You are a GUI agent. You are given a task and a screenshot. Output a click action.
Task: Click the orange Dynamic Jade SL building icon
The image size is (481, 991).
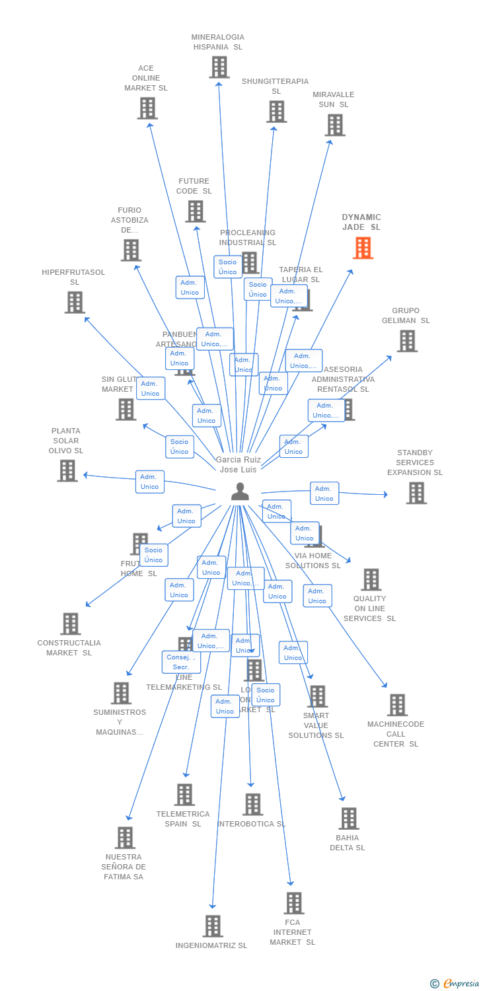(363, 248)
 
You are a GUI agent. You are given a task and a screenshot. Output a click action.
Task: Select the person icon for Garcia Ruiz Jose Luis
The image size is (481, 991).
(239, 492)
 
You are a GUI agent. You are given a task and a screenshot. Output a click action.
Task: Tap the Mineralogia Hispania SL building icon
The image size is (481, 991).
(219, 67)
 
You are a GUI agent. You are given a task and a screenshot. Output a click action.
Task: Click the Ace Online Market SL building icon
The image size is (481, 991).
(147, 108)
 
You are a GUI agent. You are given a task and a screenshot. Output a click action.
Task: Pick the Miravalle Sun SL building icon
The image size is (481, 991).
(335, 124)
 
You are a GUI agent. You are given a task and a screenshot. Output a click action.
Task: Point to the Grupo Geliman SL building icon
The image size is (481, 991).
(407, 341)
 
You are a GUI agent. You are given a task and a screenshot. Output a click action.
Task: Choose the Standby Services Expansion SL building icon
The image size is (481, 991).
(416, 493)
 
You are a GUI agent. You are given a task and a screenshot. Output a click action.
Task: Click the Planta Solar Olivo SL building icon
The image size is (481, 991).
(67, 470)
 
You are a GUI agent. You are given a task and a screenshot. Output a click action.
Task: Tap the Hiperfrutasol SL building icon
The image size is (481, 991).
(75, 302)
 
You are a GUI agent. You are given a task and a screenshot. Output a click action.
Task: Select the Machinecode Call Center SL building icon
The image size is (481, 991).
(397, 705)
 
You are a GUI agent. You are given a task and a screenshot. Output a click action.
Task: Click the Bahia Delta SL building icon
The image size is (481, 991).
(349, 818)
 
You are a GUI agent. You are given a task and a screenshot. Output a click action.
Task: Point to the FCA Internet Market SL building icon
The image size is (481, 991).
(294, 902)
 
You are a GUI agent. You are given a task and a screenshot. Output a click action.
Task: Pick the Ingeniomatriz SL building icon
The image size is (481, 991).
(213, 926)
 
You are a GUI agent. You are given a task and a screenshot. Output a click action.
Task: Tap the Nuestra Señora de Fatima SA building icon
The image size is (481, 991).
(125, 837)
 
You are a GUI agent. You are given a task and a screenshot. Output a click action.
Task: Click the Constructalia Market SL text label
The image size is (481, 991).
(69, 647)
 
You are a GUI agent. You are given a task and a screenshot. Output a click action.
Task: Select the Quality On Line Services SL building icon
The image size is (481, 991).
(371, 579)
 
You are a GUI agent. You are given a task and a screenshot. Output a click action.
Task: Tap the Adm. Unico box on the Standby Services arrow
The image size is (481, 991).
(324, 494)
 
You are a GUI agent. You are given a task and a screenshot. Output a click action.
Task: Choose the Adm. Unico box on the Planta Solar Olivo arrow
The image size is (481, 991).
(149, 482)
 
